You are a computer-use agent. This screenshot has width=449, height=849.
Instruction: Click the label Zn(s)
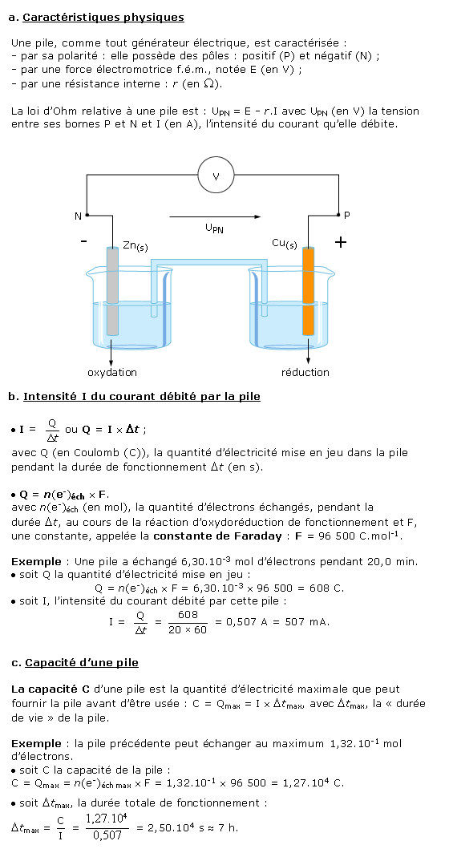pyautogui.click(x=135, y=246)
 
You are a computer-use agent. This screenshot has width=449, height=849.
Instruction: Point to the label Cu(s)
pyautogui.click(x=285, y=245)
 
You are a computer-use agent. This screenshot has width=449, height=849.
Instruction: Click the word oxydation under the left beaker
pyautogui.click(x=112, y=373)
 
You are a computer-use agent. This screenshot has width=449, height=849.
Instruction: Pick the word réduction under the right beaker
pyautogui.click(x=305, y=373)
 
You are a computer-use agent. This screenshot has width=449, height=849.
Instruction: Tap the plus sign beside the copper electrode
pyautogui.click(x=340, y=242)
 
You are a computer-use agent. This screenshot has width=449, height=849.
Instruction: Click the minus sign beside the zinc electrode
pyautogui.click(x=83, y=241)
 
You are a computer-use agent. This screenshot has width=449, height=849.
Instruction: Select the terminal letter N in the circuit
pyautogui.click(x=78, y=216)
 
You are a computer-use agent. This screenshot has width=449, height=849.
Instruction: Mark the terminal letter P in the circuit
pyautogui.click(x=347, y=216)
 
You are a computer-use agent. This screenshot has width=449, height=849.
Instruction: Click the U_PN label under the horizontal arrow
pyautogui.click(x=215, y=229)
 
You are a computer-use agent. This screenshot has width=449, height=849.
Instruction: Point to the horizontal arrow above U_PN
pyautogui.click(x=215, y=216)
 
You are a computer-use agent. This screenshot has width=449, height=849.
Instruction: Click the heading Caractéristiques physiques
pyautogui.click(x=103, y=18)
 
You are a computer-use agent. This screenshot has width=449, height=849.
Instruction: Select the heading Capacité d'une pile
pyautogui.click(x=82, y=662)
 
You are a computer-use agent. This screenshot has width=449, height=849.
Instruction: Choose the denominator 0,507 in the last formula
pyautogui.click(x=107, y=835)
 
